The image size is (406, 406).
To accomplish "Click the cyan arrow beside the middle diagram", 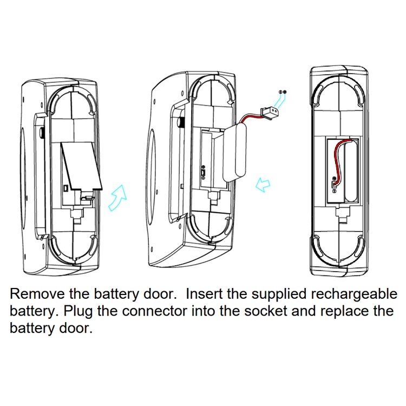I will click(263, 185).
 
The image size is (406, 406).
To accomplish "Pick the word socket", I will click(269, 312).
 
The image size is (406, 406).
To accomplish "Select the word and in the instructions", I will click(308, 312).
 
